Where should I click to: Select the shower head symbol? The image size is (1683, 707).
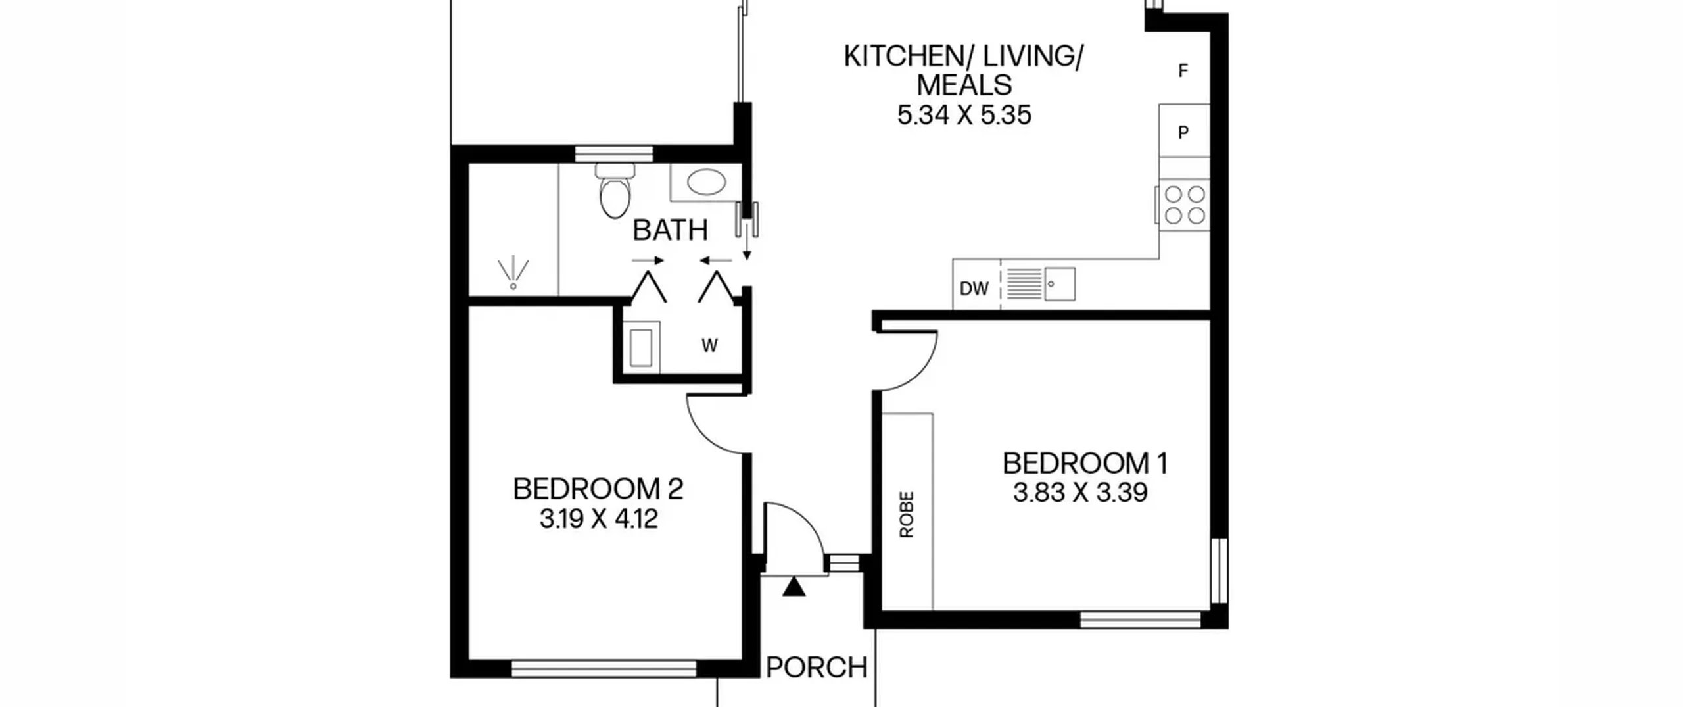(x=513, y=274)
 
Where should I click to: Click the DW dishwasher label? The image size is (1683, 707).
(x=974, y=288)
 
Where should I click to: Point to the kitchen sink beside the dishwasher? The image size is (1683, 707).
(x=1041, y=284)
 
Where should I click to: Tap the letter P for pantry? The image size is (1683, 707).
(x=1183, y=132)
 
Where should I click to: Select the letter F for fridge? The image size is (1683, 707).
(x=1183, y=70)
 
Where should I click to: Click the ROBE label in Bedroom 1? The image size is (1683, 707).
(x=907, y=514)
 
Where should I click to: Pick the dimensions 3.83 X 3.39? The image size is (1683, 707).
(x=1080, y=492)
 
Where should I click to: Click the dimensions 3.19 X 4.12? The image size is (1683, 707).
(x=598, y=519)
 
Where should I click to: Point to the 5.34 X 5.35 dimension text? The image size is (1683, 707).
(x=964, y=115)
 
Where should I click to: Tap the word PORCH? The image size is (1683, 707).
(x=817, y=668)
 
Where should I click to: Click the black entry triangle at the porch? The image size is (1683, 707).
(x=794, y=587)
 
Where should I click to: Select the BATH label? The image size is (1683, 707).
(x=671, y=230)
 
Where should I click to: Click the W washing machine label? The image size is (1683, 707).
(x=709, y=345)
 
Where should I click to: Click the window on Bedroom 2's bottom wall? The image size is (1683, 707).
(x=604, y=669)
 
